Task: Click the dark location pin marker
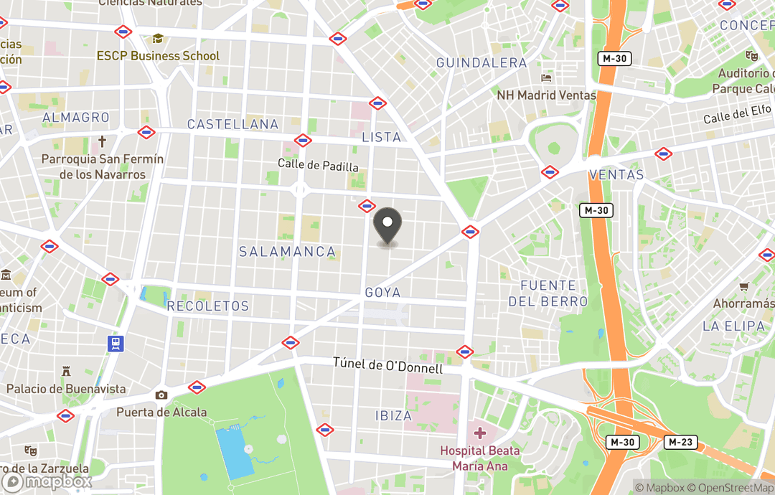(387, 227)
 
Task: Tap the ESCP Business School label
(159, 56)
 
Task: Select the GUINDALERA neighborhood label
(482, 63)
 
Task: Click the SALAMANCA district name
(287, 252)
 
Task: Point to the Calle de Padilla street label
(318, 165)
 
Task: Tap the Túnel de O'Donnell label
(387, 364)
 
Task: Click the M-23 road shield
(680, 442)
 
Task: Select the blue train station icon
(116, 343)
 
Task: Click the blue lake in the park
(234, 452)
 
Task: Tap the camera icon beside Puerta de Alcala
(161, 395)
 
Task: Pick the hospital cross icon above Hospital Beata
(480, 433)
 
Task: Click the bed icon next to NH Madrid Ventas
(547, 78)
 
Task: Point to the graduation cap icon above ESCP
(158, 39)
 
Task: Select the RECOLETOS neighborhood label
(207, 306)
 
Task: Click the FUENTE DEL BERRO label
(548, 293)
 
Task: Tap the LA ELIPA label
(733, 326)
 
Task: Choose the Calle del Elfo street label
(736, 113)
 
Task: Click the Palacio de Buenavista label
(66, 389)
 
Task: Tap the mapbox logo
(47, 481)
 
